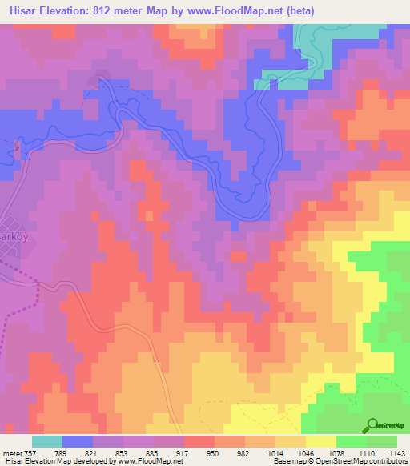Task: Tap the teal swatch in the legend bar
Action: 47,440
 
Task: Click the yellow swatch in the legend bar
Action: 320,440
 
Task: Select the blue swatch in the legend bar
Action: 78,440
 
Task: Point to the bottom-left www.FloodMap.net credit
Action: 147,461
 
